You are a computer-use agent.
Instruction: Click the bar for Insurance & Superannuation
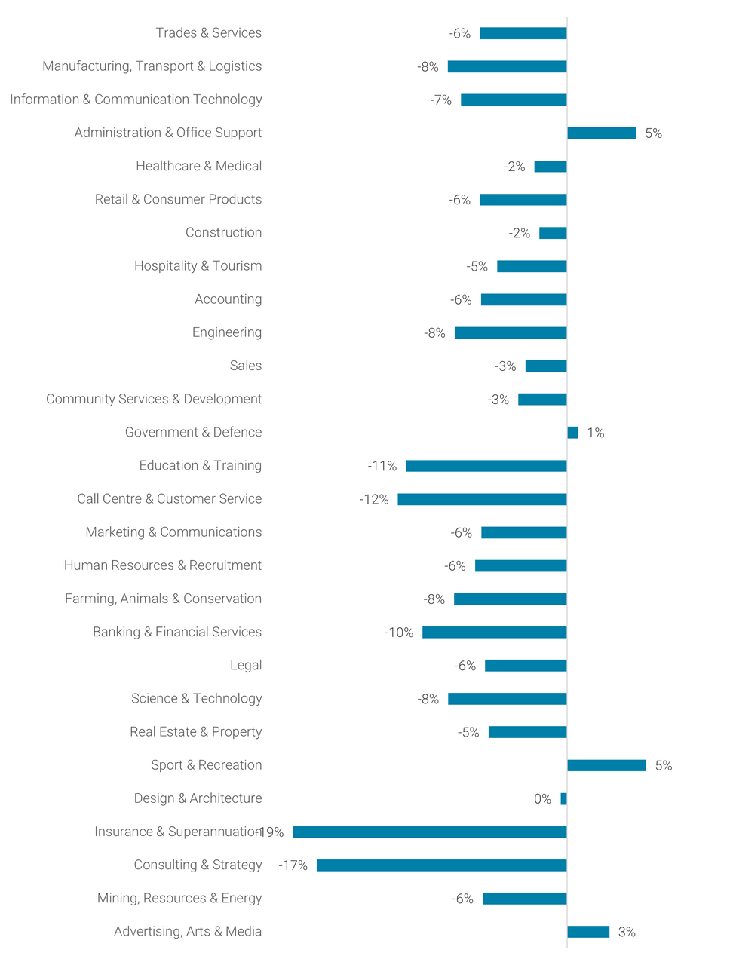[430, 832]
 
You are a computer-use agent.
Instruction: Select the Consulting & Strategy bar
[442, 865]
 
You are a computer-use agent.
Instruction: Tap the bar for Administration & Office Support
[602, 133]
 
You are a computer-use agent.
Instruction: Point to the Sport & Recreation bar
[607, 765]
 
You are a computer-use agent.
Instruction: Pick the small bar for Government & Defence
[573, 432]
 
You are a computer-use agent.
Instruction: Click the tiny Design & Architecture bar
[564, 798]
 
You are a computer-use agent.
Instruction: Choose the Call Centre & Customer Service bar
[483, 499]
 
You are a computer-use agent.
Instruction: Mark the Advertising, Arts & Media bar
[588, 932]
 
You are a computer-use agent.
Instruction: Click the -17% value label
[293, 865]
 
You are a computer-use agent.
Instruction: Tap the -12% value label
[374, 500]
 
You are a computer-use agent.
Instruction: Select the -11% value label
[382, 467]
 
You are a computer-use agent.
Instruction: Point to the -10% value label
[399, 633]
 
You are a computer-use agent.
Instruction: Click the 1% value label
[596, 433]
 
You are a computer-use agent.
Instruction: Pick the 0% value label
[543, 799]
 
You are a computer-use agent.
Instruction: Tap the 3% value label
[627, 933]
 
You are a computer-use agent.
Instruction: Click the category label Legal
[246, 665]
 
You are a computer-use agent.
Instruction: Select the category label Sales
[246, 366]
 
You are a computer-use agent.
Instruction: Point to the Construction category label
[224, 233]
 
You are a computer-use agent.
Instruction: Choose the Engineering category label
[227, 332]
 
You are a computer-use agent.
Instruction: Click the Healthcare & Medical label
[199, 166]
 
